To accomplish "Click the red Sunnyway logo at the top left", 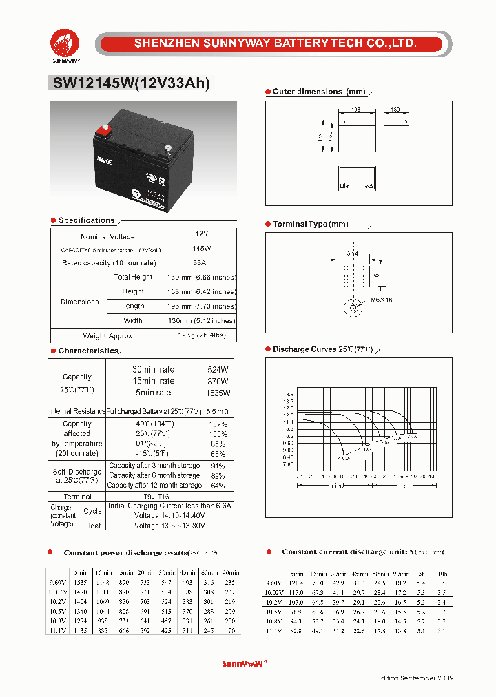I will pos(64,44).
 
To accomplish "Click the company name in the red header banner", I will pos(275,43).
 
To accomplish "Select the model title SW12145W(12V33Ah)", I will pos(130,83).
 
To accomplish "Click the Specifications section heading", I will pos(86,220).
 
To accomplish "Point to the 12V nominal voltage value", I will pos(201,235).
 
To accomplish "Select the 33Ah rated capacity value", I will pos(201,263).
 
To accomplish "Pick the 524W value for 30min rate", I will pos(218,369).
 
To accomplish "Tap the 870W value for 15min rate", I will pos(218,381).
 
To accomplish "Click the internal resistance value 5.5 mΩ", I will pos(218,411).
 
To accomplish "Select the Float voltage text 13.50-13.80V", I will pos(169,525).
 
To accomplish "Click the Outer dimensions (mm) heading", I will pos(307,92).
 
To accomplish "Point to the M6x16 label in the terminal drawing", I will pos(381,300).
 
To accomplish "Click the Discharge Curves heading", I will pos(322,350).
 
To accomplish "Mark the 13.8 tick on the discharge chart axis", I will pos(288,395).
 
